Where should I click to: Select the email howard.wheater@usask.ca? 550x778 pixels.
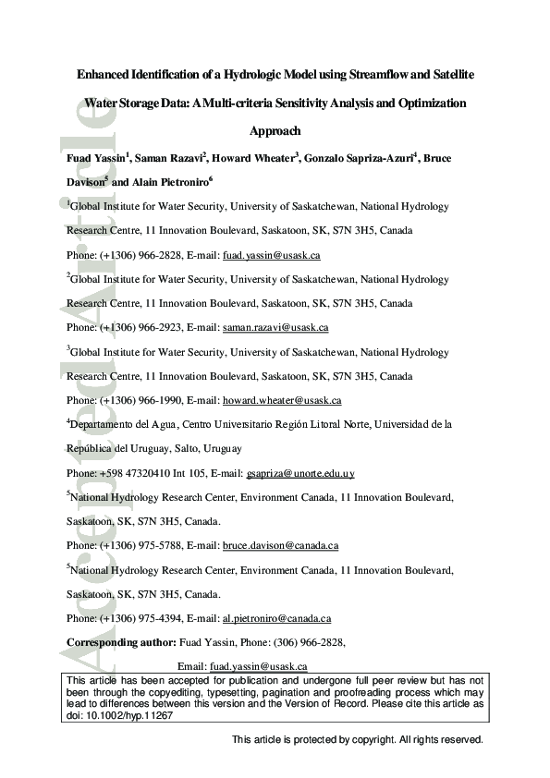click(282, 401)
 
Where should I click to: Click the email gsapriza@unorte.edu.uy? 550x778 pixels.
click(300, 474)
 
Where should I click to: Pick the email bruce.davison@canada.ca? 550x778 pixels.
click(281, 546)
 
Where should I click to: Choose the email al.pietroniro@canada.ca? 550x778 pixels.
click(277, 619)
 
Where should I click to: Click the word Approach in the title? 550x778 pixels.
click(275, 132)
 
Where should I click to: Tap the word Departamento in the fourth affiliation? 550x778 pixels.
click(104, 425)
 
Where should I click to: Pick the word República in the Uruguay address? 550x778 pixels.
click(92, 449)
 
